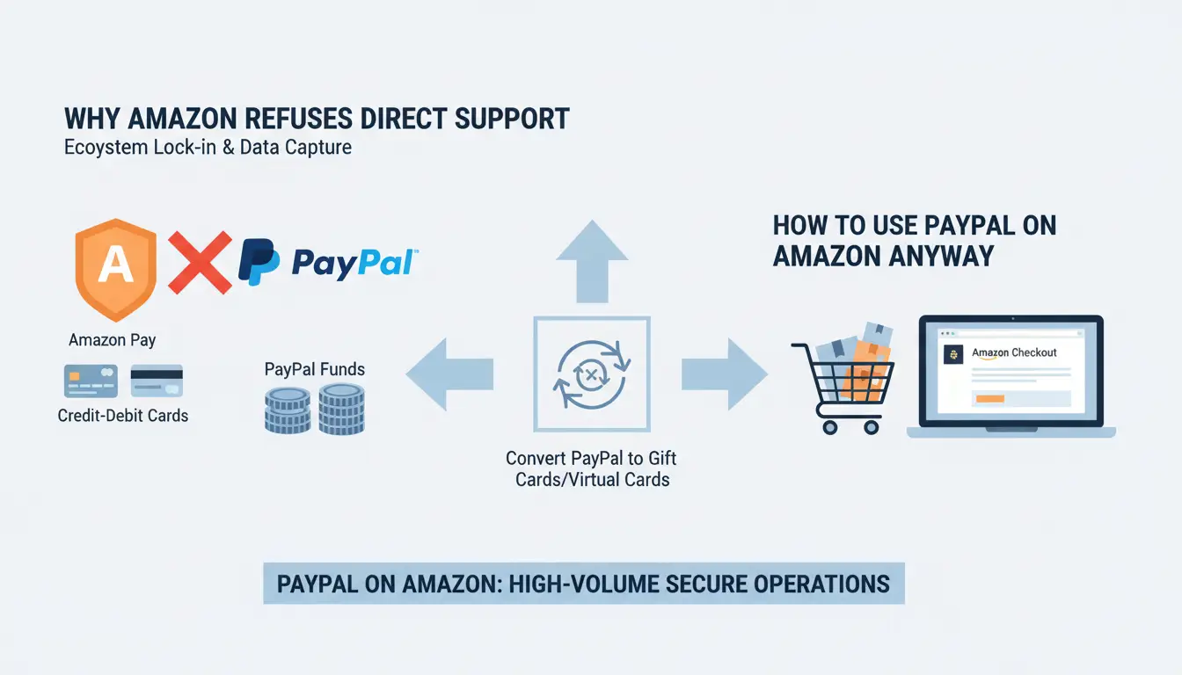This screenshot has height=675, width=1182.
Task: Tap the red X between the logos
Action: point(200,262)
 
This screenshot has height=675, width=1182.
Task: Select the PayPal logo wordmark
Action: point(353,263)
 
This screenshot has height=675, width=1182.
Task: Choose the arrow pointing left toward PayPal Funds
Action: point(449,375)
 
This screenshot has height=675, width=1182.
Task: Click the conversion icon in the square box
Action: point(592,375)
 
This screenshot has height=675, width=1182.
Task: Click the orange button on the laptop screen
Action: point(989,398)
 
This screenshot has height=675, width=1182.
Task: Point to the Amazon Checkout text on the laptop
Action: point(1014,352)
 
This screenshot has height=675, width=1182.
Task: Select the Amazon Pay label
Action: point(112,340)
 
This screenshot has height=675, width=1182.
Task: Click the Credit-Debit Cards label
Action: point(123,416)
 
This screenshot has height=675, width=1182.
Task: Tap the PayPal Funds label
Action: point(314,370)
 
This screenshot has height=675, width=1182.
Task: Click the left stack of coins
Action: point(288,411)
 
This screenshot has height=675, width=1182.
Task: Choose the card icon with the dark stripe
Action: point(157,381)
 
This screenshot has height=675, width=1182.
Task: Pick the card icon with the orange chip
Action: point(91,381)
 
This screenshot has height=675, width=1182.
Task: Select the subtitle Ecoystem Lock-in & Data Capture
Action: point(208,147)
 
